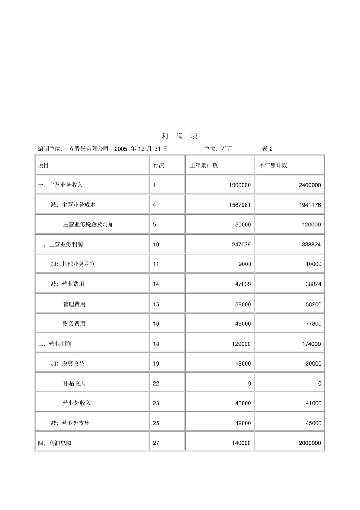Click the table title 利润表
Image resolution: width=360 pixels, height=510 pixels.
[180, 137]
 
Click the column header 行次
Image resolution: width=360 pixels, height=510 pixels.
[158, 165]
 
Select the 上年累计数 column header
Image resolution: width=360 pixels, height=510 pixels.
[203, 165]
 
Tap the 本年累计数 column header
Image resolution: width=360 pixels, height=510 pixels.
[273, 165]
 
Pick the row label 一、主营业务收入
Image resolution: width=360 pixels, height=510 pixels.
[60, 185]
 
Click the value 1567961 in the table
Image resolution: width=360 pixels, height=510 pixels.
[239, 205]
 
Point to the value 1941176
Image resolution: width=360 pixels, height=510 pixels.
[309, 205]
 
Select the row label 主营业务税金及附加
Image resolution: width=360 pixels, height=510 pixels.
[88, 224]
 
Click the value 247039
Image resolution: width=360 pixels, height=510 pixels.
[241, 245]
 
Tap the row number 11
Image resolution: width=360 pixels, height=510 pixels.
[156, 264]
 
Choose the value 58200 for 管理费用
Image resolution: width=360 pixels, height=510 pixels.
[313, 304]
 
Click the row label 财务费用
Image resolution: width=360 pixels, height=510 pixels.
[74, 323]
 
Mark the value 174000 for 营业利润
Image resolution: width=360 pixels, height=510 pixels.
[311, 344]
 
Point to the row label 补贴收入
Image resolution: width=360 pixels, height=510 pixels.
[74, 383]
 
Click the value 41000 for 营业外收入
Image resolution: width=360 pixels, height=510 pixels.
[313, 403]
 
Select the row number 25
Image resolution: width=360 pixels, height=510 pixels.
[156, 423]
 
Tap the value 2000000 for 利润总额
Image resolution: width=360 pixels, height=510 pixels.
[310, 443]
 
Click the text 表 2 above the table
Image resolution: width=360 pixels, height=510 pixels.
[267, 149]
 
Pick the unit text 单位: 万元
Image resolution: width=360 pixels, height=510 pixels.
[218, 149]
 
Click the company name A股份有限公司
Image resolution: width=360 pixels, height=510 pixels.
[89, 149]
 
